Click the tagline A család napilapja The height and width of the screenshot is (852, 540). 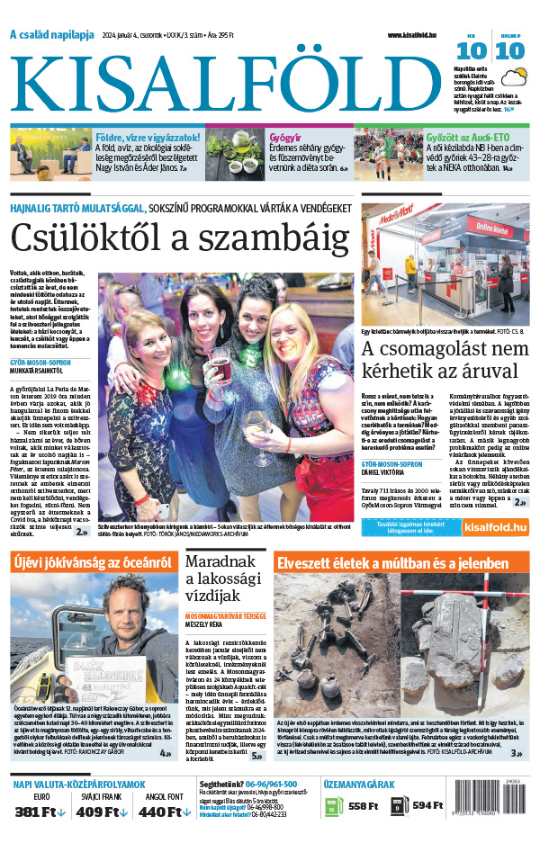[x=51, y=35]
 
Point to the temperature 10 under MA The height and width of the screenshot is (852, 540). [x=476, y=51]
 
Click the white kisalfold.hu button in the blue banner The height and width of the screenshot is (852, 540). [x=493, y=527]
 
